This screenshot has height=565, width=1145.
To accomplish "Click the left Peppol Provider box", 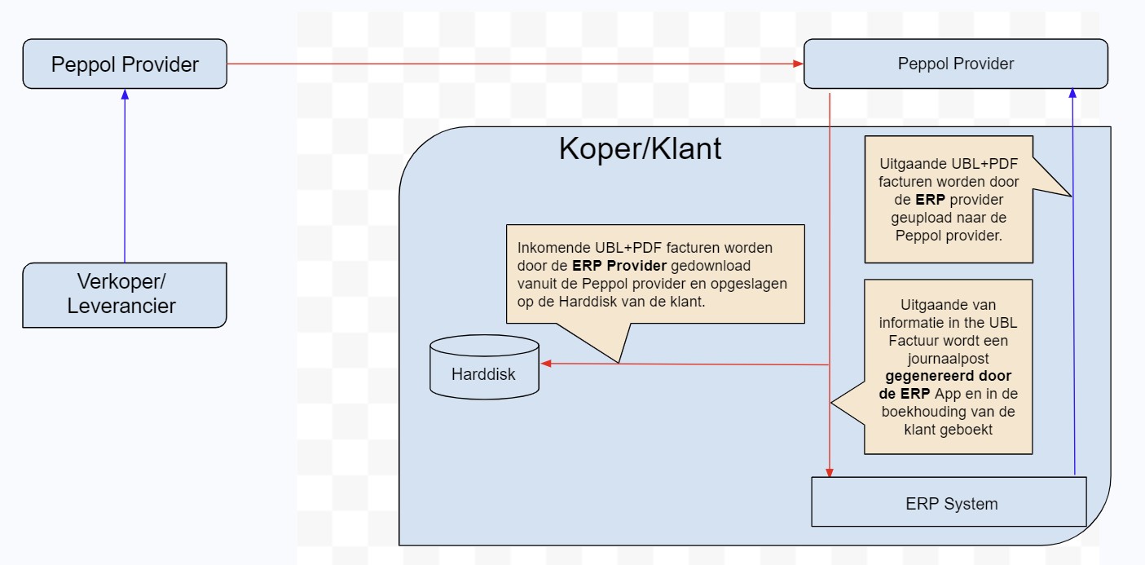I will tap(125, 64).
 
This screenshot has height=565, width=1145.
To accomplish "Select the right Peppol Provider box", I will tap(955, 64).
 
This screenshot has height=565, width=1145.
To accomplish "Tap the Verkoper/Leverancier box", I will tap(125, 294).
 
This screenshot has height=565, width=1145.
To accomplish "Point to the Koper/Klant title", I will tap(640, 149).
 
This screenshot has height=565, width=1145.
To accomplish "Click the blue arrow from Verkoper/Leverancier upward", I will tap(125, 179).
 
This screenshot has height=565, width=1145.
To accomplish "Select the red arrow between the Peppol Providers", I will tap(513, 64).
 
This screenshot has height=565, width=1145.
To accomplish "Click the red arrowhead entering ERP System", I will tap(830, 471).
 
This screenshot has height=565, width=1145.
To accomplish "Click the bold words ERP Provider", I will tap(619, 265).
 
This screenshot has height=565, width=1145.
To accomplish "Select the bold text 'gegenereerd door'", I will tap(949, 376).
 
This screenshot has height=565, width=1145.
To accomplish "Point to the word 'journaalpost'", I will tap(949, 359).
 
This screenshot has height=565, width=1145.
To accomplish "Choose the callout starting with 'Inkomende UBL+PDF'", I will tap(655, 274).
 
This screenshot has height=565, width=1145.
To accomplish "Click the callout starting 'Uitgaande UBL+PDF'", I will tap(949, 200).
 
